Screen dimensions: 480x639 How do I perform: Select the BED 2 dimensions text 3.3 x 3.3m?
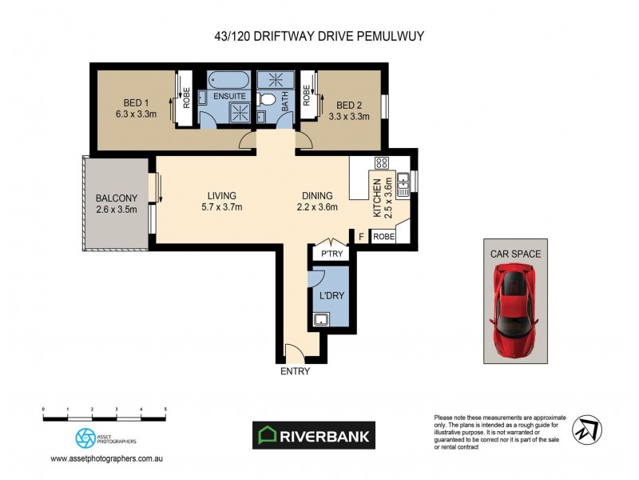[x=349, y=116]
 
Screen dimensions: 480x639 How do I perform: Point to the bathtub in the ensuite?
[x=229, y=80]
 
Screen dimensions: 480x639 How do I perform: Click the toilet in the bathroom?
[x=268, y=100]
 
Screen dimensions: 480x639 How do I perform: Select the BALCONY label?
[x=117, y=198]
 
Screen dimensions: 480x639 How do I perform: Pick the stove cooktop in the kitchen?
[x=382, y=162]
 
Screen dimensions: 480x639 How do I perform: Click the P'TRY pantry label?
[x=331, y=254]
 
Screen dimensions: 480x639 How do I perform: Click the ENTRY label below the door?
[x=294, y=371]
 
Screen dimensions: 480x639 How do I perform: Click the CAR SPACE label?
[x=515, y=254]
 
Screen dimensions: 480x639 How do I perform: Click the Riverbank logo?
[x=312, y=435]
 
